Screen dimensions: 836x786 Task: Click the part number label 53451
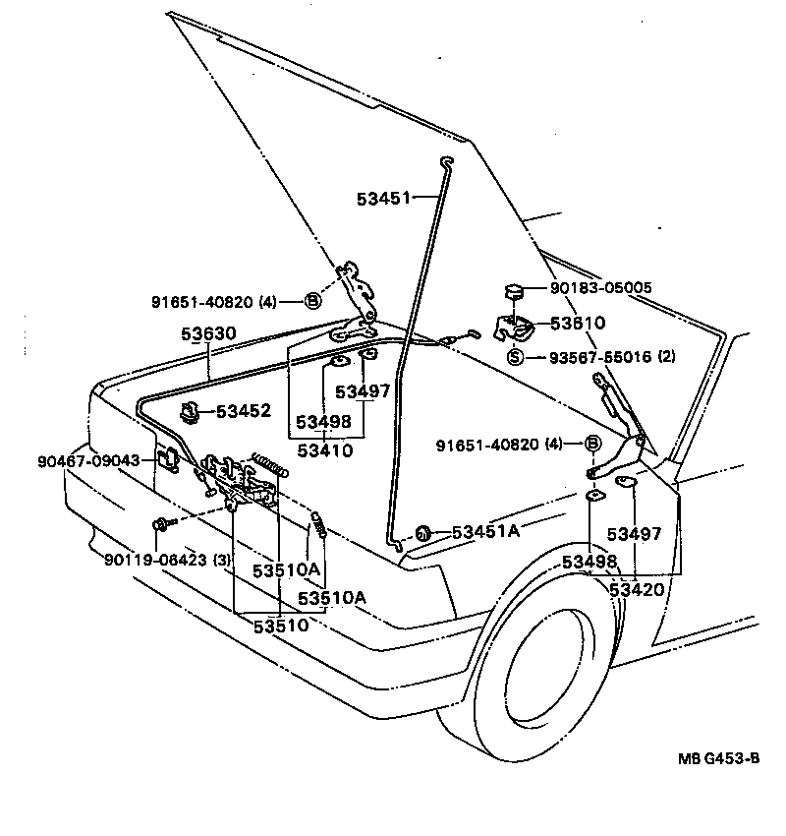(x=384, y=199)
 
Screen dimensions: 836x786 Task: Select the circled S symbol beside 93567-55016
(x=515, y=357)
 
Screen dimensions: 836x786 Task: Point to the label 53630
(x=207, y=334)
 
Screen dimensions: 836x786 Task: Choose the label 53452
(x=243, y=410)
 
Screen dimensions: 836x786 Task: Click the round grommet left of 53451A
(x=423, y=533)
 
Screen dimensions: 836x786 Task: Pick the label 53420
(x=637, y=589)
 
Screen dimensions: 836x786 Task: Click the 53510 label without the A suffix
(x=280, y=625)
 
